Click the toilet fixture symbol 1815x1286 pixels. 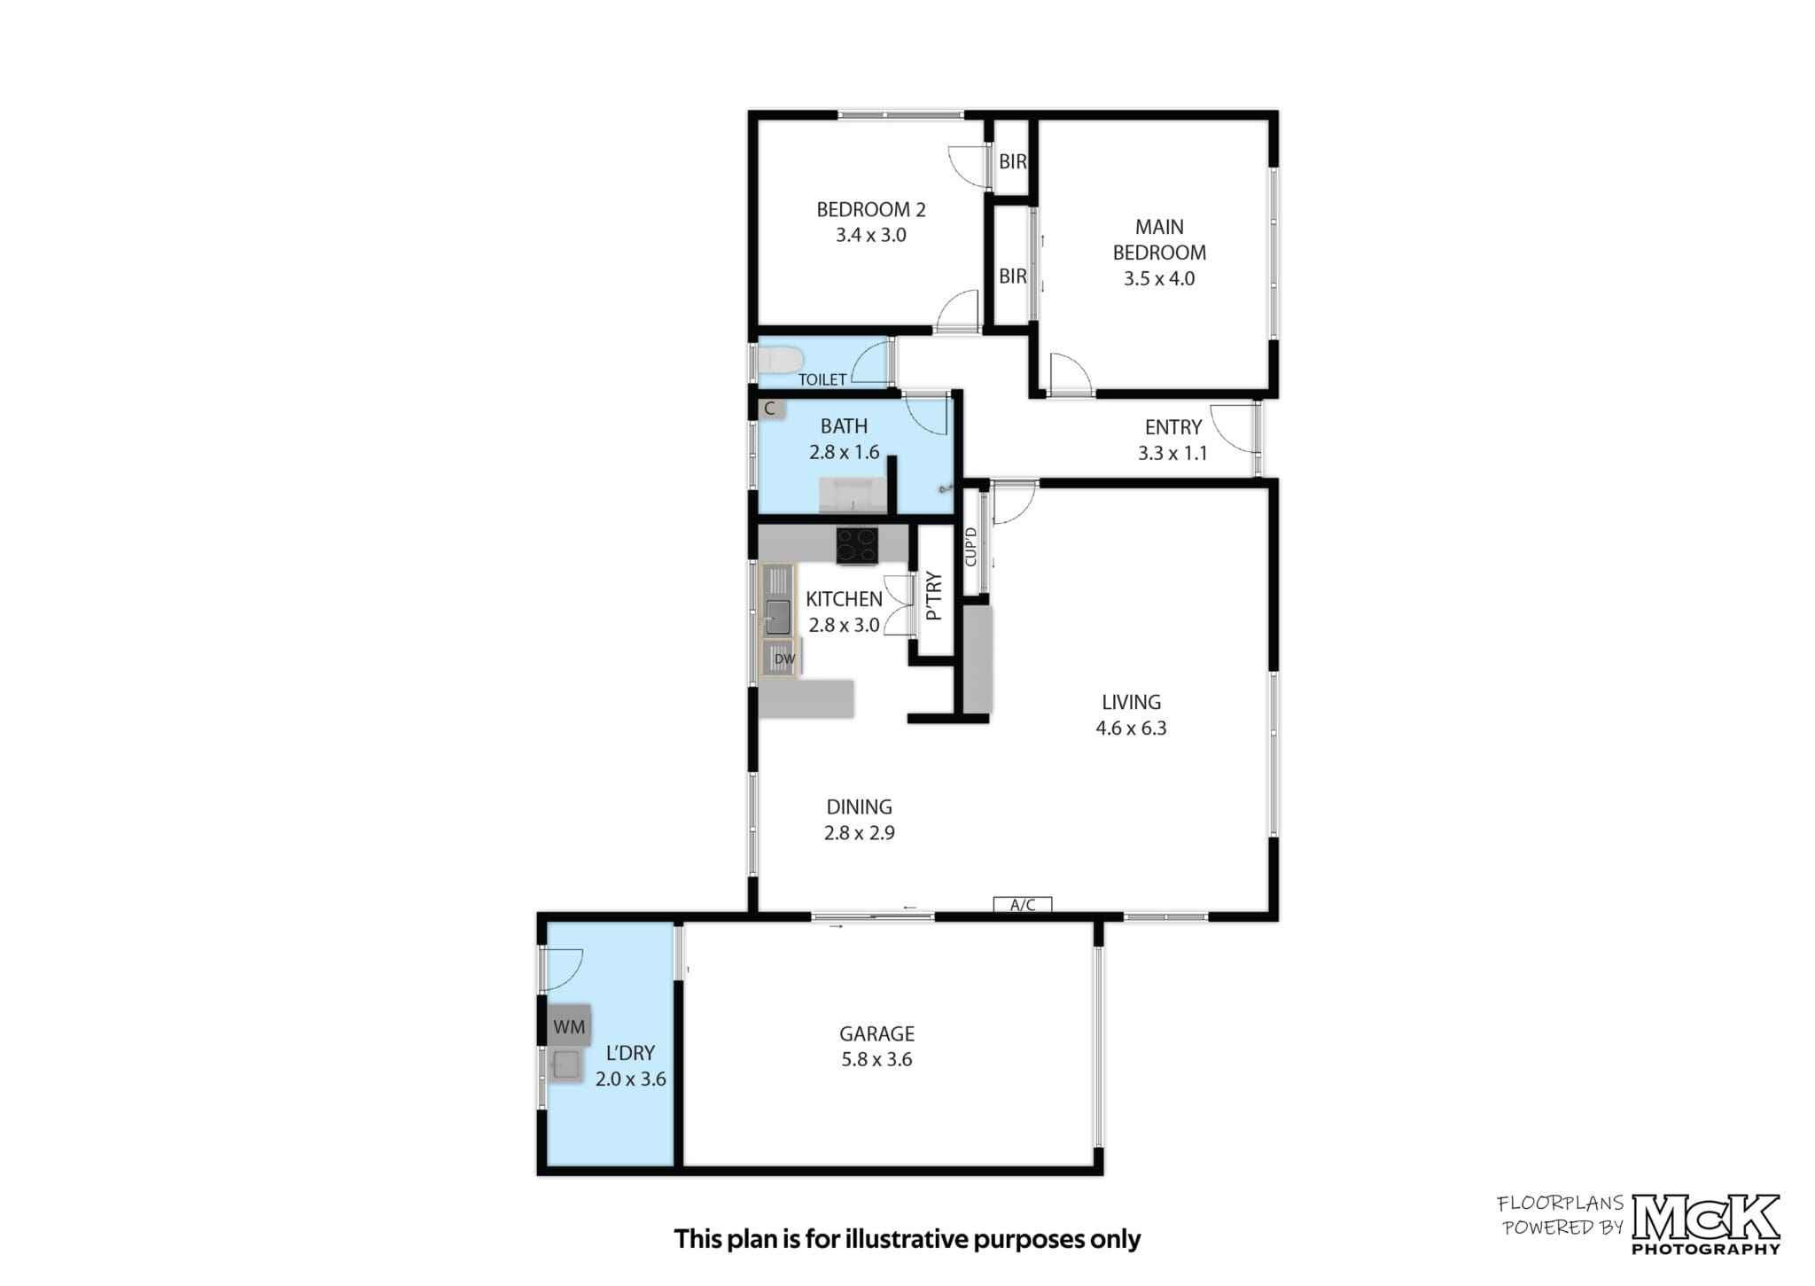[781, 361]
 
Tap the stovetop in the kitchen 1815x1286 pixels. [857, 546]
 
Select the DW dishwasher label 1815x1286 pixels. [784, 659]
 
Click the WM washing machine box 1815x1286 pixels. [569, 1026]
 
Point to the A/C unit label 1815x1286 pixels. [1023, 905]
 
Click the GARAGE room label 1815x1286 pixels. [876, 1033]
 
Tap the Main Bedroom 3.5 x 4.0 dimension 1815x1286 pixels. [1159, 278]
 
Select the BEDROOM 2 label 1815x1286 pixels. [871, 210]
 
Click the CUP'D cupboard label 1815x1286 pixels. [970, 547]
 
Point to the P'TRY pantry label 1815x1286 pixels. [933, 596]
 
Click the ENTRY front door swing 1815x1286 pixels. [1234, 427]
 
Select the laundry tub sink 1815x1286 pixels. [565, 1064]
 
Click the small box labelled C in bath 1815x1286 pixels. [770, 409]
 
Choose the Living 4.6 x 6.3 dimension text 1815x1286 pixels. [1131, 729]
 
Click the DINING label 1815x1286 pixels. [859, 807]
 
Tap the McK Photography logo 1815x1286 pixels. [1706, 1223]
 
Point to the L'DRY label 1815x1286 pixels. [630, 1053]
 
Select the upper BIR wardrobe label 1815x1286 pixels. [1012, 162]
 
